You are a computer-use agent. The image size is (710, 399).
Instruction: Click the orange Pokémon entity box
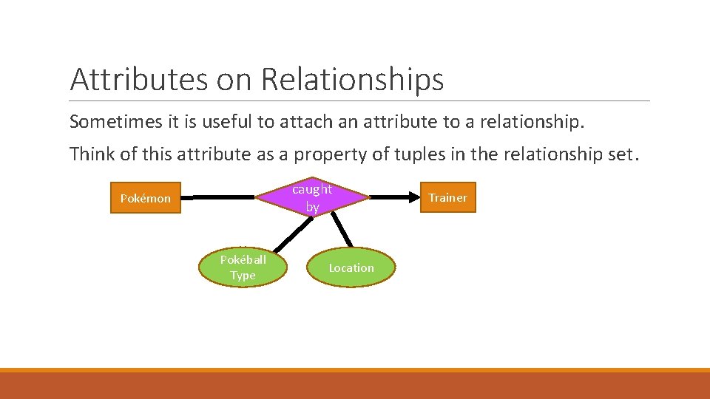click(145, 198)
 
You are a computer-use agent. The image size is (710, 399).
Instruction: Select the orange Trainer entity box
click(447, 197)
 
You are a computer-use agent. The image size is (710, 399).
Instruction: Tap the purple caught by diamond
click(312, 198)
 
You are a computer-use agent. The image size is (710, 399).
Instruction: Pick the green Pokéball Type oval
click(243, 267)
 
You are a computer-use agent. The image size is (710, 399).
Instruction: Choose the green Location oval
click(351, 267)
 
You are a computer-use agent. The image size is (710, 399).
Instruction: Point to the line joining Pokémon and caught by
click(218, 197)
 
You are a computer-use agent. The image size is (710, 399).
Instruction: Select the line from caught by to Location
click(341, 230)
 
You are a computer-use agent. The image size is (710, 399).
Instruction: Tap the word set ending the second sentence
click(619, 154)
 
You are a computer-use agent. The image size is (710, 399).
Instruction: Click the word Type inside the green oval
click(243, 276)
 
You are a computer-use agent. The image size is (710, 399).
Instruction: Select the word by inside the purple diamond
click(312, 208)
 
